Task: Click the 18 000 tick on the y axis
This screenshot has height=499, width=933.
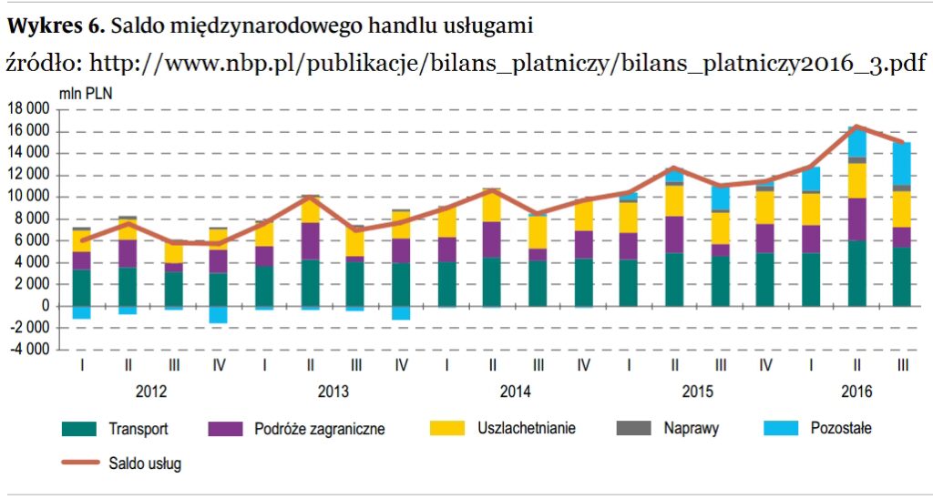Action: [29, 109]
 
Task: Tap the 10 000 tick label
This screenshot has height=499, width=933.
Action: [29, 197]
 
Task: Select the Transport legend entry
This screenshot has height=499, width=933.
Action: [138, 428]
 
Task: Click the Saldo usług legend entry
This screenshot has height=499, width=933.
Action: [144, 463]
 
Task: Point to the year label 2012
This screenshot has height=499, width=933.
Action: [150, 392]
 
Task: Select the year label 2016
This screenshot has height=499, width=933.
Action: [856, 392]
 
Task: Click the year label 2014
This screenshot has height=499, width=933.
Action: [515, 392]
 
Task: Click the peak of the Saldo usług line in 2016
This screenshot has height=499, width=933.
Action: [856, 127]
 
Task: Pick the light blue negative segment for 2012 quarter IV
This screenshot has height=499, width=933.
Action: [219, 314]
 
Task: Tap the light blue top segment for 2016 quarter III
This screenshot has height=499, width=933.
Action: [901, 164]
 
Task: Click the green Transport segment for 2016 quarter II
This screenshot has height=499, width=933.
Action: [856, 273]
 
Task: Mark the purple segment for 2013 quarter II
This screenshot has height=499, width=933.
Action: [310, 241]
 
